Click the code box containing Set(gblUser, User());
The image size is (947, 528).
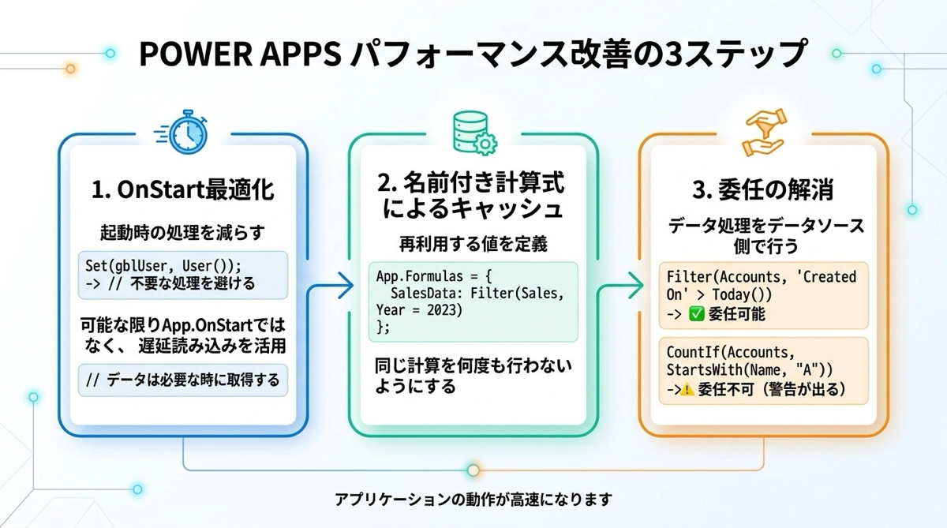click(182, 275)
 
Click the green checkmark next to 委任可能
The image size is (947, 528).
click(697, 314)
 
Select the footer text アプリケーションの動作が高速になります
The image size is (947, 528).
click(473, 499)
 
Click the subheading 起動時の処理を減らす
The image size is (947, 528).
click(182, 234)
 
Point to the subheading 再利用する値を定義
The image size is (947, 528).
click(472, 245)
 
